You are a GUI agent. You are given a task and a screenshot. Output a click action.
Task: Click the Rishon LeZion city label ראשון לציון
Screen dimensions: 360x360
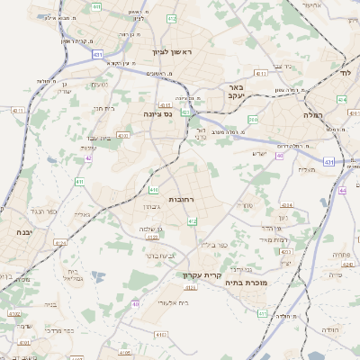(173, 51)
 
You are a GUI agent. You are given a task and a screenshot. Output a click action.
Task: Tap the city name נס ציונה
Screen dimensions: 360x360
(157, 114)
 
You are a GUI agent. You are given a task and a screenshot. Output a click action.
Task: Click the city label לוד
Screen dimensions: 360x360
(346, 72)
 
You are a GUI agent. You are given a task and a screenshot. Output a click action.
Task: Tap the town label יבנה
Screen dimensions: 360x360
(19, 232)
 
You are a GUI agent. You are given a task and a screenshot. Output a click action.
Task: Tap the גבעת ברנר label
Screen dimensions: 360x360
(161, 256)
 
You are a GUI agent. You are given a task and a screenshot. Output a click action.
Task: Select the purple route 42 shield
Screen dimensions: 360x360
(88, 157)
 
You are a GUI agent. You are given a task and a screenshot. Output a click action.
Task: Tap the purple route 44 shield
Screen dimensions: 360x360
(343, 190)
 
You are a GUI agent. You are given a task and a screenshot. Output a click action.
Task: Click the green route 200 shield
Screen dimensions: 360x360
(253, 119)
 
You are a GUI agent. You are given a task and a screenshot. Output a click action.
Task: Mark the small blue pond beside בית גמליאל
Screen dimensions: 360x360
(97, 276)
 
